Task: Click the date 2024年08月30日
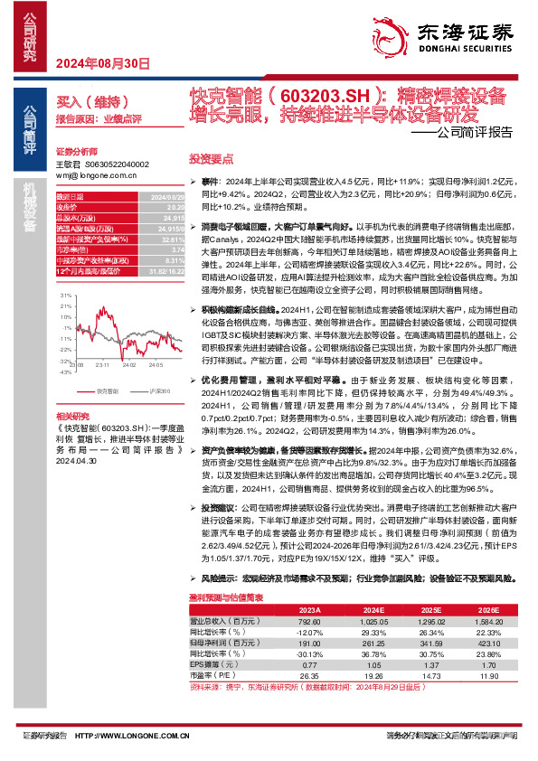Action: click(101, 63)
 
